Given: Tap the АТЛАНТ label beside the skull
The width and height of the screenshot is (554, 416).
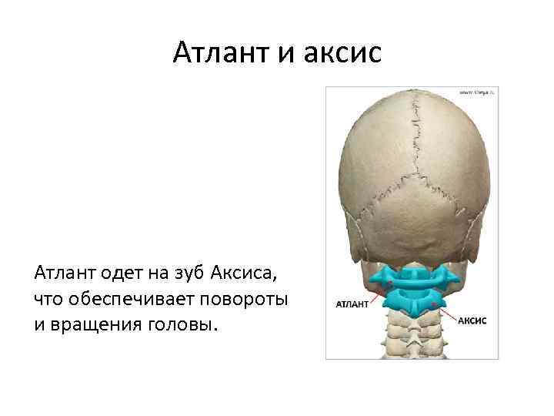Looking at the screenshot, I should tap(351, 304).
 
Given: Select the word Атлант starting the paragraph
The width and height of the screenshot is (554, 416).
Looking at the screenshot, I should tap(59, 272).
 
